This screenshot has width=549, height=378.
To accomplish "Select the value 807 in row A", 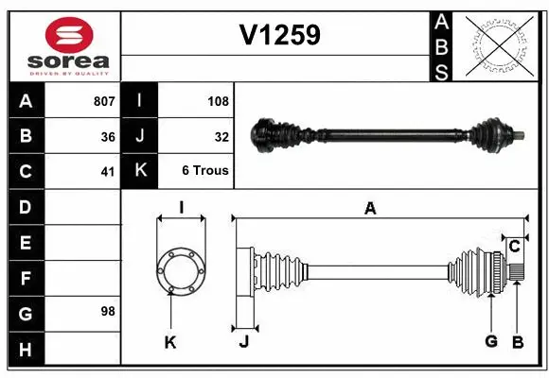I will pos(104,101).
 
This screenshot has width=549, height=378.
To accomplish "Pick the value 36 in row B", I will pos(108,137).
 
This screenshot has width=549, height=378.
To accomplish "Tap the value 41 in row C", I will pos(108,172).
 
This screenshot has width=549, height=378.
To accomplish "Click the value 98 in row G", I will pos(108,311).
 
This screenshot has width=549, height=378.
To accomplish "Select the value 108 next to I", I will pos(218,101).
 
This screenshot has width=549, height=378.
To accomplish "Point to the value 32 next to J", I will pos(221,137).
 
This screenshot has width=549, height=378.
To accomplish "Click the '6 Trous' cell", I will pos(205,172).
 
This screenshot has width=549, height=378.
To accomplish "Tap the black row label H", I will pos(26,351).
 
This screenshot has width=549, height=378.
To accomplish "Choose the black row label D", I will pos(26,206).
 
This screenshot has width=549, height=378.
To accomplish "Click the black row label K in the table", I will pos(139,171).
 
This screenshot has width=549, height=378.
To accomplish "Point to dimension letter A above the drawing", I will pos(370,209).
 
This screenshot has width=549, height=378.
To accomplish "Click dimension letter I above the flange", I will pos(181,209).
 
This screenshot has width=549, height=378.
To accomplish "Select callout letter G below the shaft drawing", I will pos(490,341).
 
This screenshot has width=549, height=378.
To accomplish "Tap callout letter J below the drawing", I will pos(243,342).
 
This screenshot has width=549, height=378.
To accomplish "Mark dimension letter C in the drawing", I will pos(514,247).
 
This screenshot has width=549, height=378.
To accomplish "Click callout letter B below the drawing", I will pos(517,341).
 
